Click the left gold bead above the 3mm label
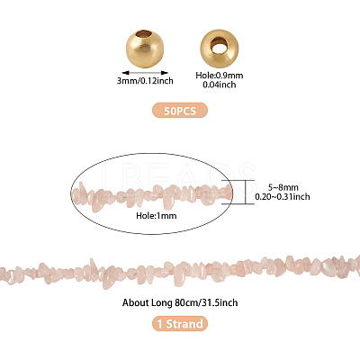click(x=145, y=49)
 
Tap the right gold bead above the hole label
click(x=220, y=49)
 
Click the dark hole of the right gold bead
click(x=218, y=45)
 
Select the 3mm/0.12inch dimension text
click(x=145, y=81)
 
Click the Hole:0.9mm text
click(x=220, y=76)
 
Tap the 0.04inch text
click(x=220, y=85)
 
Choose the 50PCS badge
click(x=180, y=111)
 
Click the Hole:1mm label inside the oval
click(x=157, y=216)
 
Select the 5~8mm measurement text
click(x=283, y=188)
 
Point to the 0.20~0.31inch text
click(x=283, y=197)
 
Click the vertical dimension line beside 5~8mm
click(x=246, y=192)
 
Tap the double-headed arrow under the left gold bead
click(x=145, y=73)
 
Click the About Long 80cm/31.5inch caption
click(x=180, y=302)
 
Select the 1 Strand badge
click(x=180, y=324)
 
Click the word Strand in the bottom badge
click(x=184, y=324)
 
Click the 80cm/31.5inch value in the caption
click(x=206, y=302)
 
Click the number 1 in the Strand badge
click(x=160, y=324)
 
